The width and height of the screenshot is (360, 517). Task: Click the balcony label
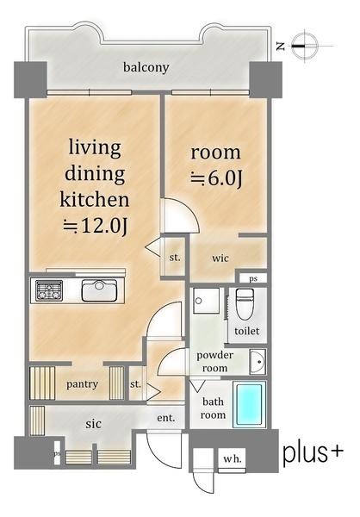tap(146, 67)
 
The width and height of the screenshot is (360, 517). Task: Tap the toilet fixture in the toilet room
tap(245, 304)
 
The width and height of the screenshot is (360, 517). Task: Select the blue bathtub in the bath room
tap(250, 405)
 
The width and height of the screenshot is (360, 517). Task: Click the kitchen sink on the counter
tap(99, 290)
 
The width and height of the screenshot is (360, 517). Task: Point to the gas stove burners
tap(49, 290)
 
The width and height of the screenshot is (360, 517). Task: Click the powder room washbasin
tap(258, 362)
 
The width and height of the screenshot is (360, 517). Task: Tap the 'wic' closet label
tap(220, 258)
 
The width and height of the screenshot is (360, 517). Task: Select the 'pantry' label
tap(82, 384)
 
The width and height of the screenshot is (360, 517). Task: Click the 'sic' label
tap(93, 424)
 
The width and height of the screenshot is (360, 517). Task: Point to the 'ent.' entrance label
tap(166, 418)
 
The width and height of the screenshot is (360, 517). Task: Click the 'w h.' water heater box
tap(232, 458)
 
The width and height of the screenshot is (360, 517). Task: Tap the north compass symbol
tap(305, 46)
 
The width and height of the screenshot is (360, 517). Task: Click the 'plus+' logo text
tap(313, 454)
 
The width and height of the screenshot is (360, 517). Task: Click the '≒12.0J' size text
tap(96, 226)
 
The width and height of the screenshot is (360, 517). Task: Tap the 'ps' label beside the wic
tap(253, 278)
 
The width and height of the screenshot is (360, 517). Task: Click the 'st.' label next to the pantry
tap(135, 384)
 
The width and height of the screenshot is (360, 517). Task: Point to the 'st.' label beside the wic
tap(175, 257)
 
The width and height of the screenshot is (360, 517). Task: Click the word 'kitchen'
tap(94, 200)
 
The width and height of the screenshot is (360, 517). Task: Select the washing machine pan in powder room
tap(207, 301)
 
